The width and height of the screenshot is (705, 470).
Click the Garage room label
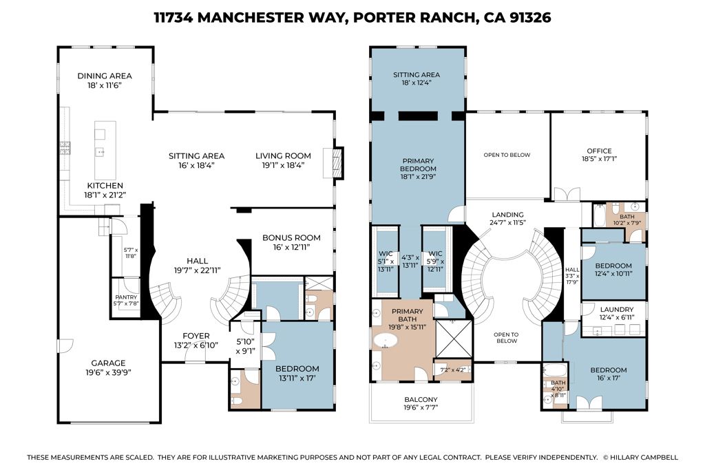click(109, 363)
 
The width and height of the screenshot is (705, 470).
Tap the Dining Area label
click(105, 76)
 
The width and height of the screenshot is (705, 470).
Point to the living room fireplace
click(337, 163)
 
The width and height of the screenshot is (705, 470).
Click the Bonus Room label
click(292, 238)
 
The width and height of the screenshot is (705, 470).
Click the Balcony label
click(421, 399)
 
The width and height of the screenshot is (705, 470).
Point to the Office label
click(599, 151)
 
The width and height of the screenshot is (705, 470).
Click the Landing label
click(508, 215)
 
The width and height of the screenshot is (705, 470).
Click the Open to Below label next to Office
click(507, 155)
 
